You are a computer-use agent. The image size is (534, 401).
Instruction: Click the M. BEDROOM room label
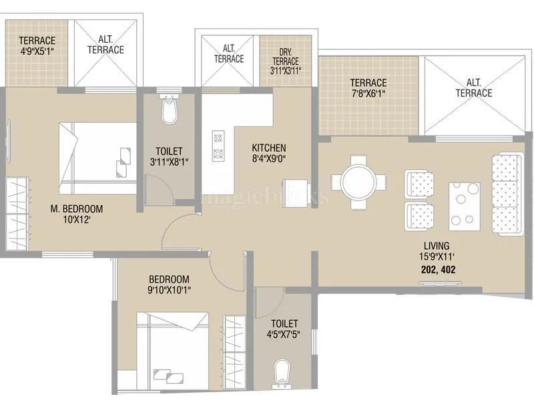(x=77, y=209)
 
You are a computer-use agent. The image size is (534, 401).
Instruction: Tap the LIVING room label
(x=435, y=245)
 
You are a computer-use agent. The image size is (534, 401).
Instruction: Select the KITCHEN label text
(x=269, y=148)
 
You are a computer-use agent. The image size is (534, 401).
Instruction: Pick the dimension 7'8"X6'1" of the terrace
(x=368, y=94)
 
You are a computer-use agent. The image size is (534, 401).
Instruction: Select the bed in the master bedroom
(x=97, y=157)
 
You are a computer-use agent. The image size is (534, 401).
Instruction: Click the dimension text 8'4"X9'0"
(x=269, y=159)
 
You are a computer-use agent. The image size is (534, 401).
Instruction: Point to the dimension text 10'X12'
(x=77, y=220)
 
